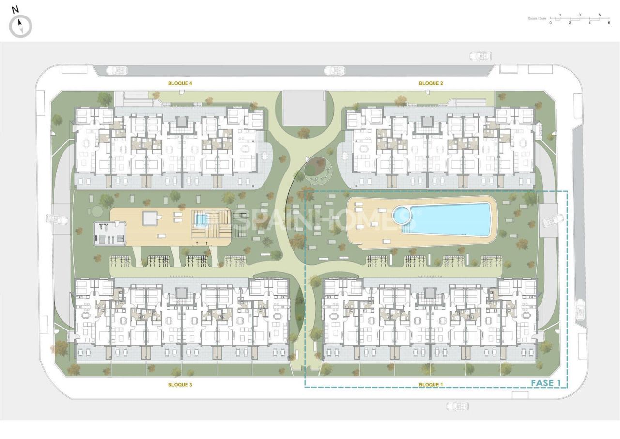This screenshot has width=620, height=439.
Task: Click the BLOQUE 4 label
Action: (x=180, y=83)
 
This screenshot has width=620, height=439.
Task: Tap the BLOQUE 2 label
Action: (x=431, y=83)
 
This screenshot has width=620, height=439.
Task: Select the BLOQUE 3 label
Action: (x=180, y=385)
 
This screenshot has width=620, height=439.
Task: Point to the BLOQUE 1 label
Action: (x=431, y=385)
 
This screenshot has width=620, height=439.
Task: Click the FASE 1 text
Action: (x=546, y=383)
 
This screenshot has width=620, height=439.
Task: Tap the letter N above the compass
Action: (x=15, y=9)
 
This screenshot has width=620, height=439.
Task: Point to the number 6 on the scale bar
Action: (x=609, y=23)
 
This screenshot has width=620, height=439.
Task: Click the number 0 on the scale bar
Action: (x=551, y=23)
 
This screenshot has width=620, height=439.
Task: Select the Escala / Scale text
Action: (x=537, y=19)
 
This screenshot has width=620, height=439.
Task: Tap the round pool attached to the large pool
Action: (x=401, y=215)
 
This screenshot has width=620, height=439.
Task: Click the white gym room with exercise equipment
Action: (x=110, y=234)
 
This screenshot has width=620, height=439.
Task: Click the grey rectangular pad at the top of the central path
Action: (x=304, y=108)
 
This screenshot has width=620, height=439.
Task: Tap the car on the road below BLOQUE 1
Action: (x=457, y=406)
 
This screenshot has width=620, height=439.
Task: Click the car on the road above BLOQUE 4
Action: (x=116, y=70)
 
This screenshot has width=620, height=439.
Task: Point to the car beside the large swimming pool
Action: (x=553, y=221)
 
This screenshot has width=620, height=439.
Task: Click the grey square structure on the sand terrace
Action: (x=151, y=219)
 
